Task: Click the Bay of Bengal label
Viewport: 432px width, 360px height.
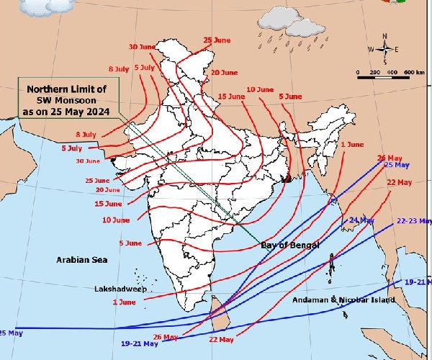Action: (289, 246)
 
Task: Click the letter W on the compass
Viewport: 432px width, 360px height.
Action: (372, 50)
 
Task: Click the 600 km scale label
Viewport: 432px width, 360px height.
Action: (413, 73)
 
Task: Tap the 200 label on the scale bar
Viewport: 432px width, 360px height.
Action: (374, 73)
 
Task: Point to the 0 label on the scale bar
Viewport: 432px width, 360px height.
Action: (358, 73)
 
